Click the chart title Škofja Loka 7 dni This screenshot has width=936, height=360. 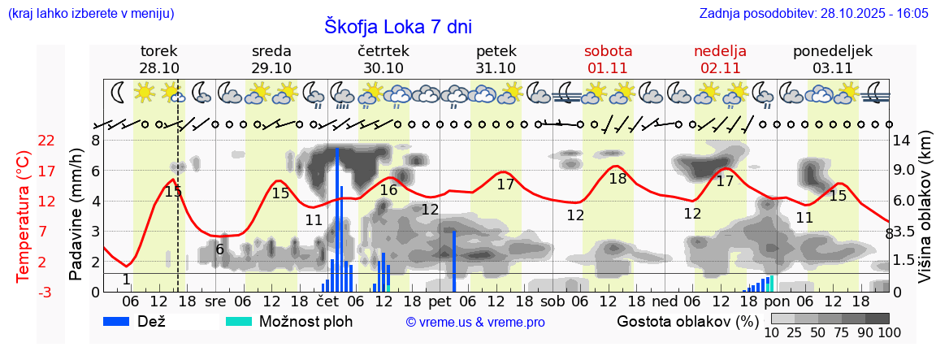pos(397,26)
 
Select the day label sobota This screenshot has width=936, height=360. pos(608,51)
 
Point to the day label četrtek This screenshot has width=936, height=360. pos(383,51)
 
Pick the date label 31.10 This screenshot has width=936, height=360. pos(496,68)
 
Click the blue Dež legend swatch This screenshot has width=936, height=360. pos(122,321)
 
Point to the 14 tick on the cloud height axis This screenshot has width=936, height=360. pos(902,141)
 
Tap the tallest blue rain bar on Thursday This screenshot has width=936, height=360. pos(336,219)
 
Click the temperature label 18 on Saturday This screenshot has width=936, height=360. pos(618,179)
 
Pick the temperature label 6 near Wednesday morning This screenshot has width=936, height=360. pos(219,249)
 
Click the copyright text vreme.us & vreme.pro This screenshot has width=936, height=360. pos(475,323)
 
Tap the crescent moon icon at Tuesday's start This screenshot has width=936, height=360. pos(119,92)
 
